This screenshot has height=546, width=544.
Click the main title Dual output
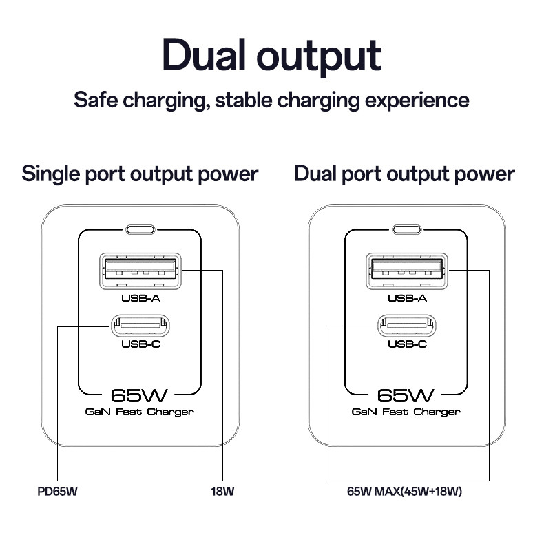click(271, 56)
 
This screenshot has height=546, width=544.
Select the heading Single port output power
click(140, 174)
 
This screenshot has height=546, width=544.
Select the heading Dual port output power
click(404, 174)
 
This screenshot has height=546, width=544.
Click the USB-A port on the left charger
click(140, 271)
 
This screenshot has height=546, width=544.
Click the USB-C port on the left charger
click(140, 326)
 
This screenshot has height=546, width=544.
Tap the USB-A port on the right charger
click(407, 271)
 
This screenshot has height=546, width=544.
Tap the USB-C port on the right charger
click(407, 326)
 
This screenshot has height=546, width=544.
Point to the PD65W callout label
click(57, 492)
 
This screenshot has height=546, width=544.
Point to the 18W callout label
click(222, 492)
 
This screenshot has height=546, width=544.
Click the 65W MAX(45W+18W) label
click(404, 492)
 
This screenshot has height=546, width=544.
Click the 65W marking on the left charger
click(139, 395)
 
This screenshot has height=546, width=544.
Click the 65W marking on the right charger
click(406, 395)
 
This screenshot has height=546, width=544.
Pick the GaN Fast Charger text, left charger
click(140, 412)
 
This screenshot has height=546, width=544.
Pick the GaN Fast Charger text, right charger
click(406, 412)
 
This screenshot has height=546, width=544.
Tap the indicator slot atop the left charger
click(140, 229)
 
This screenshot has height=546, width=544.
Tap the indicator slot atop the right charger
click(407, 229)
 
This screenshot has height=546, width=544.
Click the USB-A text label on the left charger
click(140, 298)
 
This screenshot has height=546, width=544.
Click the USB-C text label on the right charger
click(407, 344)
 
